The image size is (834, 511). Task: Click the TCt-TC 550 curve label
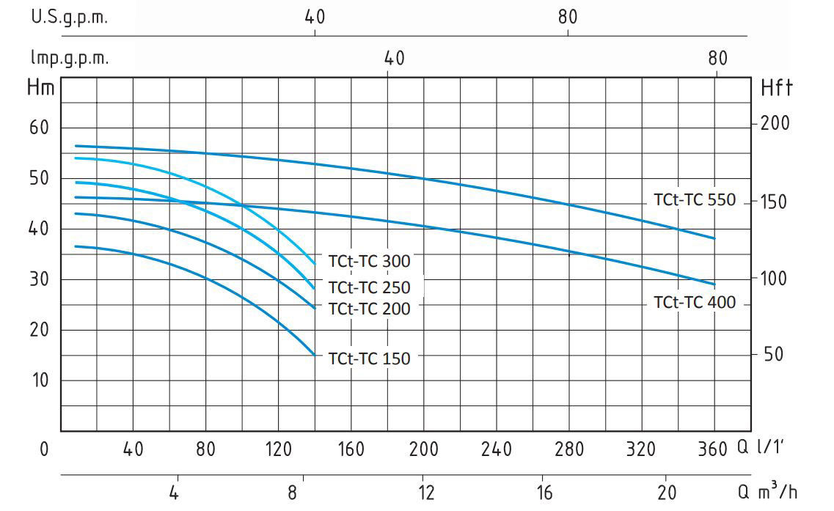pyautogui.click(x=694, y=200)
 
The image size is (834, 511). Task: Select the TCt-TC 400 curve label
pyautogui.click(x=694, y=302)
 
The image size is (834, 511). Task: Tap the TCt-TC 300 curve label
pyautogui.click(x=369, y=261)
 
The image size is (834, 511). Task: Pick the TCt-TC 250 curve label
pyautogui.click(x=369, y=287)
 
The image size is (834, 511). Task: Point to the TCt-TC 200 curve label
pyautogui.click(x=369, y=309)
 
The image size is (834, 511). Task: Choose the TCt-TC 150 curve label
pyautogui.click(x=369, y=359)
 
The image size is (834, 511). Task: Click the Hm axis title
pyautogui.click(x=40, y=88)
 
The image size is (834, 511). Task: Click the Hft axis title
pyautogui.click(x=776, y=89)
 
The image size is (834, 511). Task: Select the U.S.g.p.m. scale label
pyautogui.click(x=69, y=18)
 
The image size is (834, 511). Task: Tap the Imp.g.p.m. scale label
pyautogui.click(x=69, y=59)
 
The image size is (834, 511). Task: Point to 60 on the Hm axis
pyautogui.click(x=39, y=128)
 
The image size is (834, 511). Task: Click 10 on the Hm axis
pyautogui.click(x=39, y=380)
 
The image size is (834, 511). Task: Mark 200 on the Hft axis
pyautogui.click(x=775, y=123)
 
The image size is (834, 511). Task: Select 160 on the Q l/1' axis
pyautogui.click(x=350, y=449)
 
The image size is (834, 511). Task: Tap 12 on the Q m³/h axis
pyautogui.click(x=423, y=493)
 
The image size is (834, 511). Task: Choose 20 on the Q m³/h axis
pyautogui.click(x=666, y=493)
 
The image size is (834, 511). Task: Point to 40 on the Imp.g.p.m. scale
pyautogui.click(x=394, y=59)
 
